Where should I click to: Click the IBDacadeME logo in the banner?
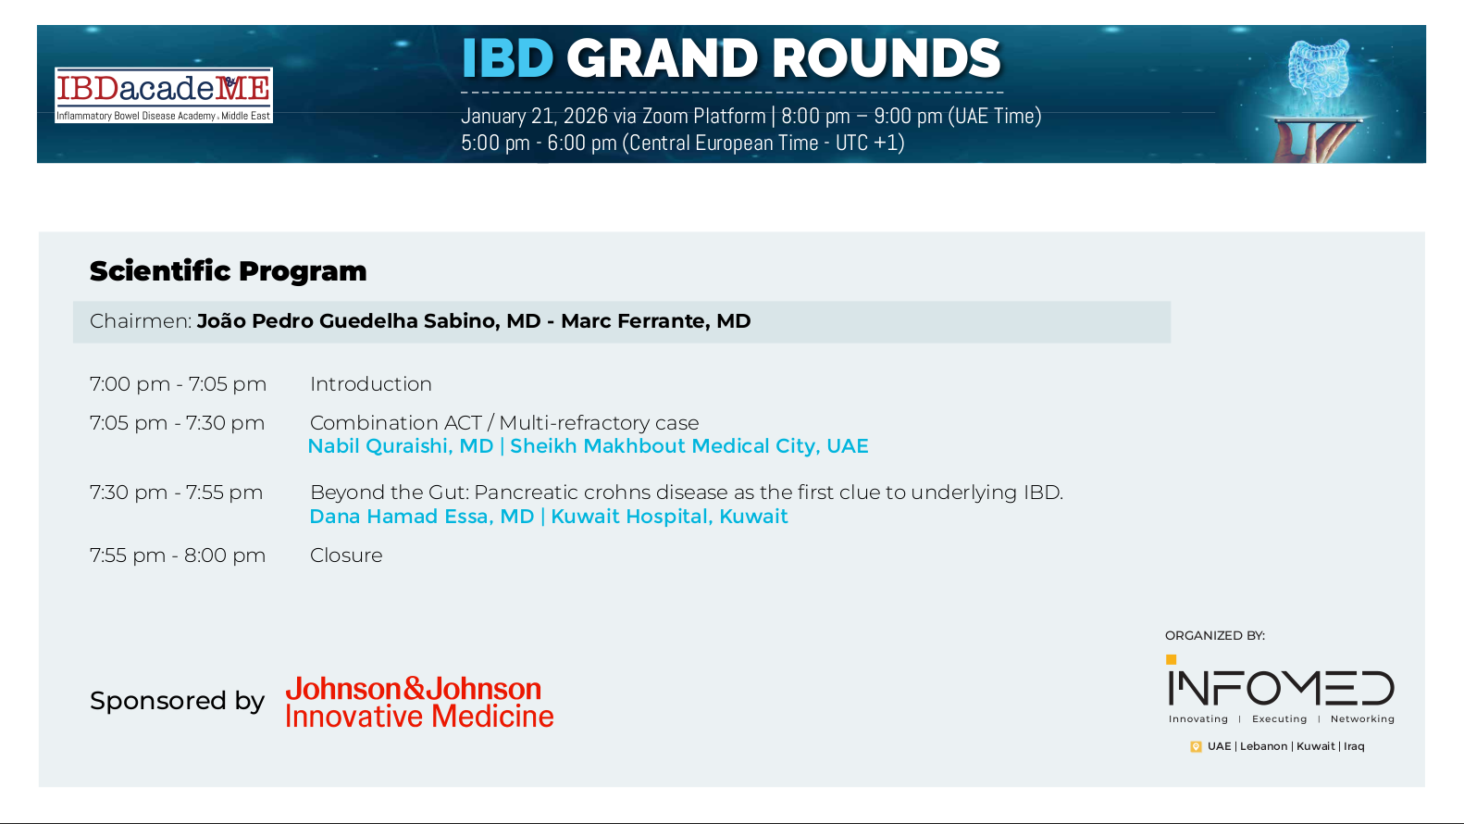point(164,94)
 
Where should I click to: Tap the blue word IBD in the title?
point(508,58)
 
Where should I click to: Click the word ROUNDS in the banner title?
point(886,58)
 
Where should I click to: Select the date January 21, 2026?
point(534,117)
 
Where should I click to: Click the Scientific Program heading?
point(228,270)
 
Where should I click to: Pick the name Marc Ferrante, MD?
point(655,321)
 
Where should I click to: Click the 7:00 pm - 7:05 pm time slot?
point(178,384)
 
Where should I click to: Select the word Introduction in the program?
point(370,384)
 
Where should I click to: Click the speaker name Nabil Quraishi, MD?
point(401,446)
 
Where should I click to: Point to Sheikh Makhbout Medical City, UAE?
point(689,446)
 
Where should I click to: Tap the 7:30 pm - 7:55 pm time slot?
point(177,493)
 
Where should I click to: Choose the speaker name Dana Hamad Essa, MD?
point(422,517)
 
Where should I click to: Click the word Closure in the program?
point(346,556)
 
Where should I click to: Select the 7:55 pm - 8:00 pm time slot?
point(178,556)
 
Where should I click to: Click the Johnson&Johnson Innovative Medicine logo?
point(419,703)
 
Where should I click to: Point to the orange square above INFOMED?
point(1172,659)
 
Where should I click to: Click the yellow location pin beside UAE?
point(1196,747)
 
